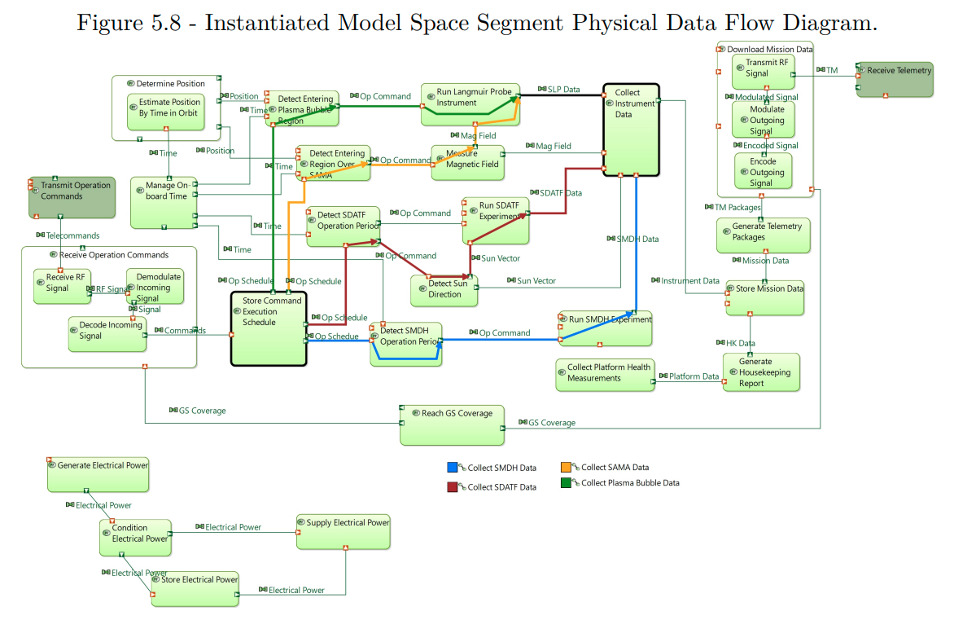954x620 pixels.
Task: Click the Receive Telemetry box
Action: coord(895,79)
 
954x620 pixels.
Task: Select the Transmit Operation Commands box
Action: coord(72,197)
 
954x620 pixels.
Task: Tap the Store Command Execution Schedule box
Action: coord(269,329)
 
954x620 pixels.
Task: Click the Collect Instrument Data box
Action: coord(631,129)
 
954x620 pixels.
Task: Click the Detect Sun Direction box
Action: coord(444,289)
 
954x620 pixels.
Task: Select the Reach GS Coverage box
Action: coord(452,425)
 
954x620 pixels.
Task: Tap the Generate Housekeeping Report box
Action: coord(761,372)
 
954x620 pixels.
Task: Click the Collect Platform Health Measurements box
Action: coord(605,375)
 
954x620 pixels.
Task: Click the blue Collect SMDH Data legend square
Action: coord(453,468)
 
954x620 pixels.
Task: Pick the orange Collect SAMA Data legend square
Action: coord(567,468)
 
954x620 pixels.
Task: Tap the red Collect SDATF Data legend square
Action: coord(453,487)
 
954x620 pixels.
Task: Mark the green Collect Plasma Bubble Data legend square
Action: coord(567,483)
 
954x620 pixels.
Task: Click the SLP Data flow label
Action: coord(563,90)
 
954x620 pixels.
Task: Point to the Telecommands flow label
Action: coord(72,235)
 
